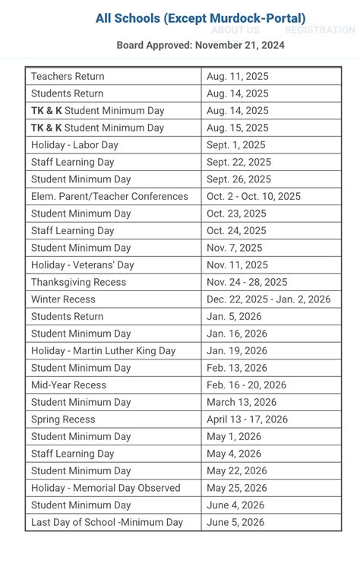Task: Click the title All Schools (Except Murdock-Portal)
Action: point(201,18)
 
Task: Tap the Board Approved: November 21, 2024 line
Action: point(201,46)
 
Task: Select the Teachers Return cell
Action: point(68,77)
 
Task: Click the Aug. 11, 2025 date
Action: point(237,77)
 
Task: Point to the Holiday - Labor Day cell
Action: point(74,145)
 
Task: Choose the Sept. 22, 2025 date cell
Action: point(238,162)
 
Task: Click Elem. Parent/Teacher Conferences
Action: point(109,196)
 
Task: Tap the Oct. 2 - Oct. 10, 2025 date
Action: point(253,196)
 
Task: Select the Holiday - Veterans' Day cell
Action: point(82,265)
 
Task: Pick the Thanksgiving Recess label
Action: point(79,282)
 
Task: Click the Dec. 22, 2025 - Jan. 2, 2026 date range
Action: point(268,299)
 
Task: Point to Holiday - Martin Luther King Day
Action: point(103,351)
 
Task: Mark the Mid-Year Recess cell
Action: point(68,385)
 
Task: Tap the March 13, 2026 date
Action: point(242,402)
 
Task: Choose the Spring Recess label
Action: point(63,419)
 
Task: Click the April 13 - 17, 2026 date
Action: point(247,419)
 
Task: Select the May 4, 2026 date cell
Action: point(234,454)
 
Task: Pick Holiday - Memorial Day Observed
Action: point(106,488)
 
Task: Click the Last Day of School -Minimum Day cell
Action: point(107,522)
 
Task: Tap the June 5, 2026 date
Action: point(235,522)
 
